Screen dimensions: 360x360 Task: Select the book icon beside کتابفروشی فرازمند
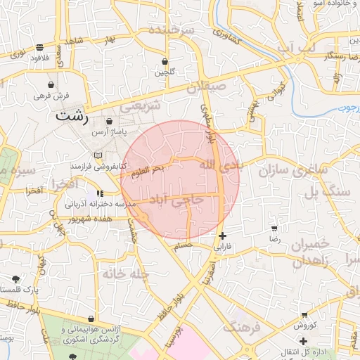[98, 155]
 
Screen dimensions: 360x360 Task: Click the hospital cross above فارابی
[223, 236]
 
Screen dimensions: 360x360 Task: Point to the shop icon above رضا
[274, 229]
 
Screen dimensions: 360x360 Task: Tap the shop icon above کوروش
[304, 315]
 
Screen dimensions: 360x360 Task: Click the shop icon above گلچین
[165, 62]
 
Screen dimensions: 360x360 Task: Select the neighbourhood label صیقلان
[209, 88]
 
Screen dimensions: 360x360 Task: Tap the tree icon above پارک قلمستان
[16, 279]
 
